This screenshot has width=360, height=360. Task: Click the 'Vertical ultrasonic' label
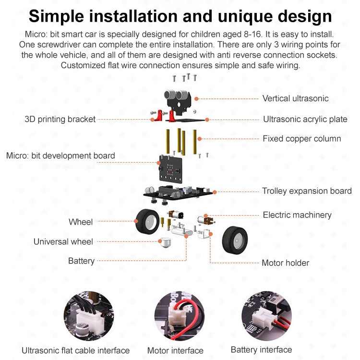295,98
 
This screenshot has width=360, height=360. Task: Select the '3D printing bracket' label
60,119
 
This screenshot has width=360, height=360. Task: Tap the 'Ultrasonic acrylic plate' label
305,119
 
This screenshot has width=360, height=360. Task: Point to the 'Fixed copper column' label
301,139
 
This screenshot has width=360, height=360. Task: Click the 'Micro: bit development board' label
60,156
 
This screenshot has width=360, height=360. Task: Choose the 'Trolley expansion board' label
307,191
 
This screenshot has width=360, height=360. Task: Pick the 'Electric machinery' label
297,215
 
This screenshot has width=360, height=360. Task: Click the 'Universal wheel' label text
63,241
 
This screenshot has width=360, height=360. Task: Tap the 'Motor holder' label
285,263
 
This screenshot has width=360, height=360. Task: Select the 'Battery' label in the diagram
81,261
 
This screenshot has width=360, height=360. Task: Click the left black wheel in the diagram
147,221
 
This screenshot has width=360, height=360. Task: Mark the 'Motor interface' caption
175,350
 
